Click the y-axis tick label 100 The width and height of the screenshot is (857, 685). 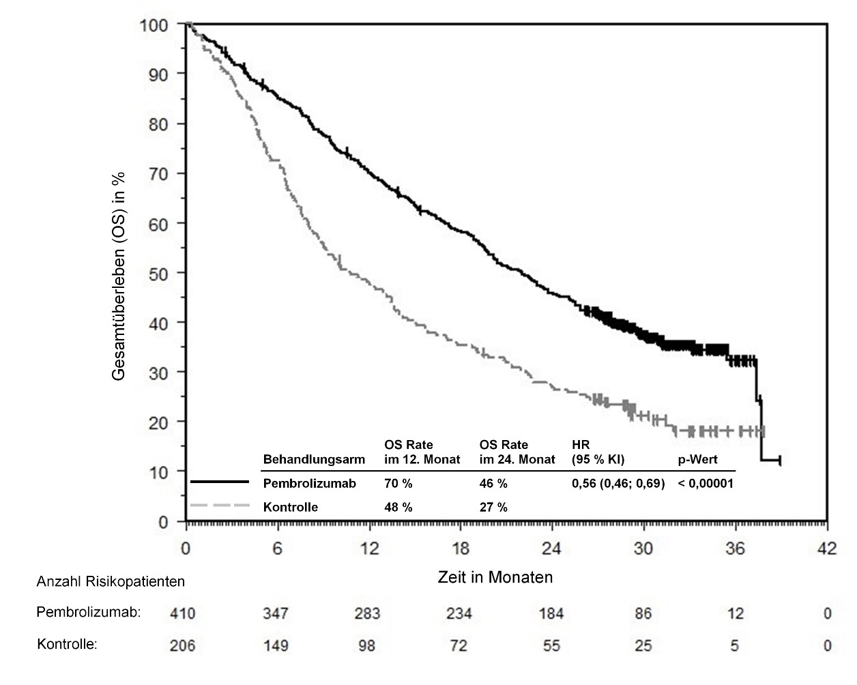(154, 25)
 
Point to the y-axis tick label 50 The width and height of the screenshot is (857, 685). (158, 273)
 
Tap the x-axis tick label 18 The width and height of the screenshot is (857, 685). (461, 549)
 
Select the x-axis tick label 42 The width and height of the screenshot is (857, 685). (827, 549)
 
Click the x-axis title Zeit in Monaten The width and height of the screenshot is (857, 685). (495, 577)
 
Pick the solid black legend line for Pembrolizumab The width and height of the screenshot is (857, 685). (220, 482)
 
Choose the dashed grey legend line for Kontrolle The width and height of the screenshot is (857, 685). (220, 506)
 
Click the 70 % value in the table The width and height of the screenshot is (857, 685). (398, 484)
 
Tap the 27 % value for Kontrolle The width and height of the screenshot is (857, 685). (493, 507)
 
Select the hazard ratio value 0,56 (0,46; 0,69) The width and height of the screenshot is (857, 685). (618, 484)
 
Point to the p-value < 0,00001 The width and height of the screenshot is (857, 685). (705, 484)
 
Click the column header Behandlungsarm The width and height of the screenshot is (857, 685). (314, 459)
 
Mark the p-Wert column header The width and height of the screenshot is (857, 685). (697, 459)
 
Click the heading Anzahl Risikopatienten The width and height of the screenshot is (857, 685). (111, 581)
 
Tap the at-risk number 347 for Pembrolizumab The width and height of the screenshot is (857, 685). (275, 613)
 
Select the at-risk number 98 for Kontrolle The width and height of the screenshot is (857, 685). (367, 645)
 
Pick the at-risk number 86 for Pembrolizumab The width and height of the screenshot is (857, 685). (643, 613)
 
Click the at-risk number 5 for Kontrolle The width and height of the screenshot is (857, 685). (734, 645)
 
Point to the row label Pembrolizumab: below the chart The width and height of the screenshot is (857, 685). (88, 612)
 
